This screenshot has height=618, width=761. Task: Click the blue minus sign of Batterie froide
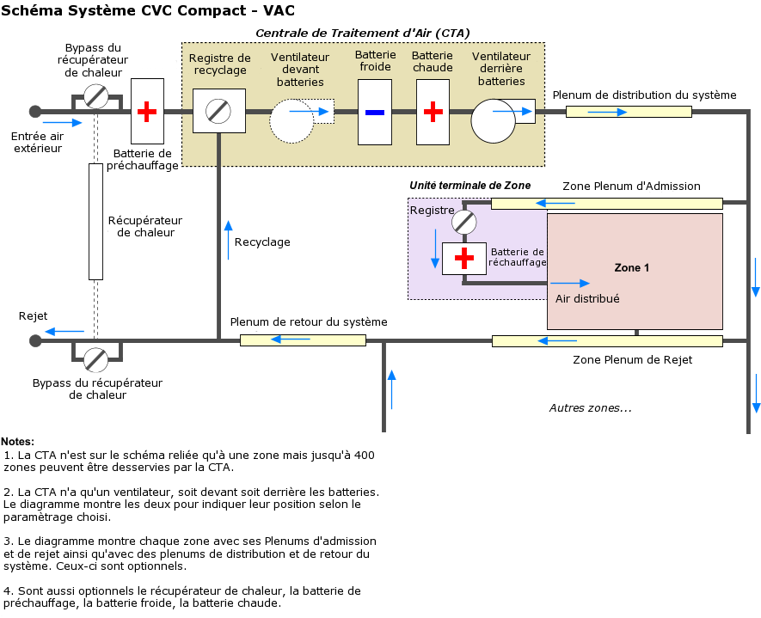pyautogui.click(x=374, y=112)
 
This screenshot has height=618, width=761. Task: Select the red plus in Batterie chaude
pyautogui.click(x=433, y=112)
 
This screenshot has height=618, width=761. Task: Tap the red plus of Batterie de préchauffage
pyautogui.click(x=147, y=111)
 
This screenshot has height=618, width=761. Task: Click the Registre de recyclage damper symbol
pyautogui.click(x=219, y=111)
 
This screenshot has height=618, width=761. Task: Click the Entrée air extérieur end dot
pyautogui.click(x=35, y=111)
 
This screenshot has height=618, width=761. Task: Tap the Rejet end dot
pyautogui.click(x=35, y=340)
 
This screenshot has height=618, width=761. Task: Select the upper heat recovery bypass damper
pyautogui.click(x=96, y=97)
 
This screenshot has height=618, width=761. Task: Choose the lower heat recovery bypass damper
pyautogui.click(x=96, y=359)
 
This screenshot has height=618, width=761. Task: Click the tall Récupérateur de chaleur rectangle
pyautogui.click(x=95, y=221)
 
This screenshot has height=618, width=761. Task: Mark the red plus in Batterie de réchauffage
pyautogui.click(x=464, y=258)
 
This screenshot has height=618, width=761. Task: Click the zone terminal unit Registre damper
pyautogui.click(x=464, y=223)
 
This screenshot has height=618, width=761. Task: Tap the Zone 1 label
pyautogui.click(x=632, y=268)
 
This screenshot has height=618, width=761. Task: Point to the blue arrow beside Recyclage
pyautogui.click(x=228, y=240)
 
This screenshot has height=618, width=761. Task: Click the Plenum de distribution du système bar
pyautogui.click(x=629, y=112)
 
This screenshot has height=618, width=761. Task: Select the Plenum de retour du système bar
pyautogui.click(x=303, y=340)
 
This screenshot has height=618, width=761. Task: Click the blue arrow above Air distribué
pyautogui.click(x=571, y=283)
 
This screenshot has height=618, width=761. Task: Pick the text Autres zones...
pyautogui.click(x=590, y=408)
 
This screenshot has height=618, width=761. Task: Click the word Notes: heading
pyautogui.click(x=17, y=442)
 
